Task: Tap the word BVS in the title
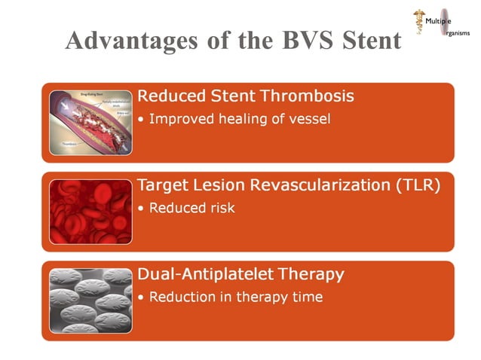click(293, 41)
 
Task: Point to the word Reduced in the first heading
click(171, 96)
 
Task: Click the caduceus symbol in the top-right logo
click(417, 21)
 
